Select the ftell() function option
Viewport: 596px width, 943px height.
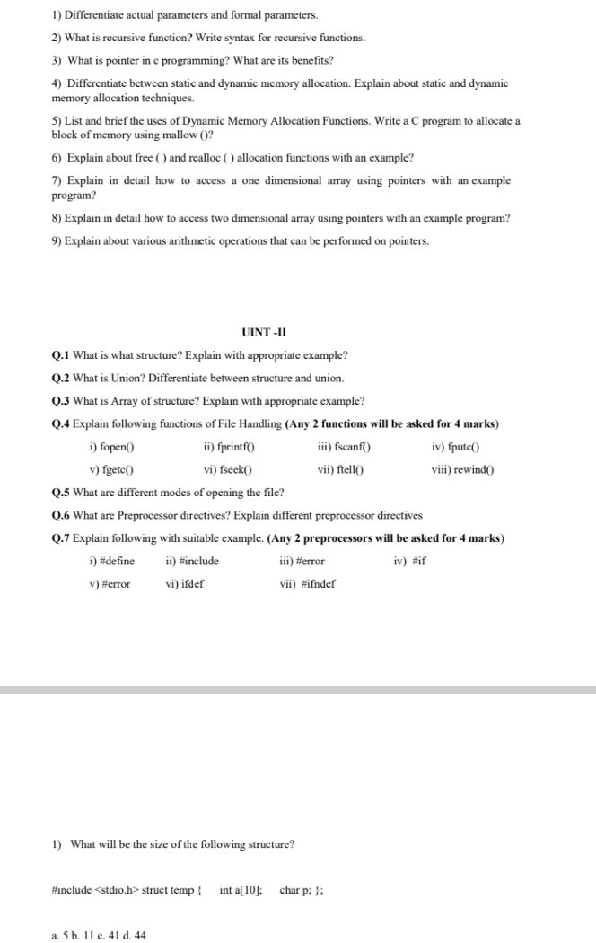(x=346, y=469)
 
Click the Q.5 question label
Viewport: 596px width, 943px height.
(x=61, y=493)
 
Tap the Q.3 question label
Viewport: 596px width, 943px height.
(x=61, y=400)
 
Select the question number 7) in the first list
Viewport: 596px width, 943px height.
(x=56, y=180)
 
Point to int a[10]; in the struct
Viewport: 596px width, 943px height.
(x=241, y=890)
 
